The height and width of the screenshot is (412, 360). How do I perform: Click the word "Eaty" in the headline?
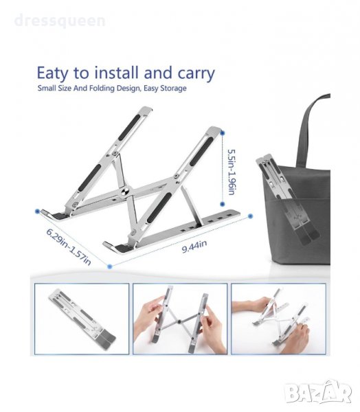tap(53, 73)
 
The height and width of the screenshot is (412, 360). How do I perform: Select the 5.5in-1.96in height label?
tap(232, 172)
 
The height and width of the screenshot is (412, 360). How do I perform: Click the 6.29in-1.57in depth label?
tap(69, 247)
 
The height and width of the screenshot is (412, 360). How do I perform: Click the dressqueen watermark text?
tap(60, 21)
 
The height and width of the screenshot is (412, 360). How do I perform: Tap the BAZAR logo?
tap(319, 392)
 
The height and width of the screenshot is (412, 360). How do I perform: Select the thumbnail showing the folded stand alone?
tap(82, 319)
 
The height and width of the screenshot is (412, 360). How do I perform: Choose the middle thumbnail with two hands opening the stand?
tap(180, 319)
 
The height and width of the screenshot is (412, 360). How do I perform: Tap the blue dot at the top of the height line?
tap(223, 133)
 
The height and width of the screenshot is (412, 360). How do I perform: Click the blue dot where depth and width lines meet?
tap(110, 266)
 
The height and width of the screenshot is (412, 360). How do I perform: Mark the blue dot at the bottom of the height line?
tap(223, 204)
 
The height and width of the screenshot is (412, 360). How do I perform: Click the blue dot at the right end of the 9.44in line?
tap(250, 216)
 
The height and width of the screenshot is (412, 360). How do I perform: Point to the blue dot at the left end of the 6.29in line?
tap(37, 211)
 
